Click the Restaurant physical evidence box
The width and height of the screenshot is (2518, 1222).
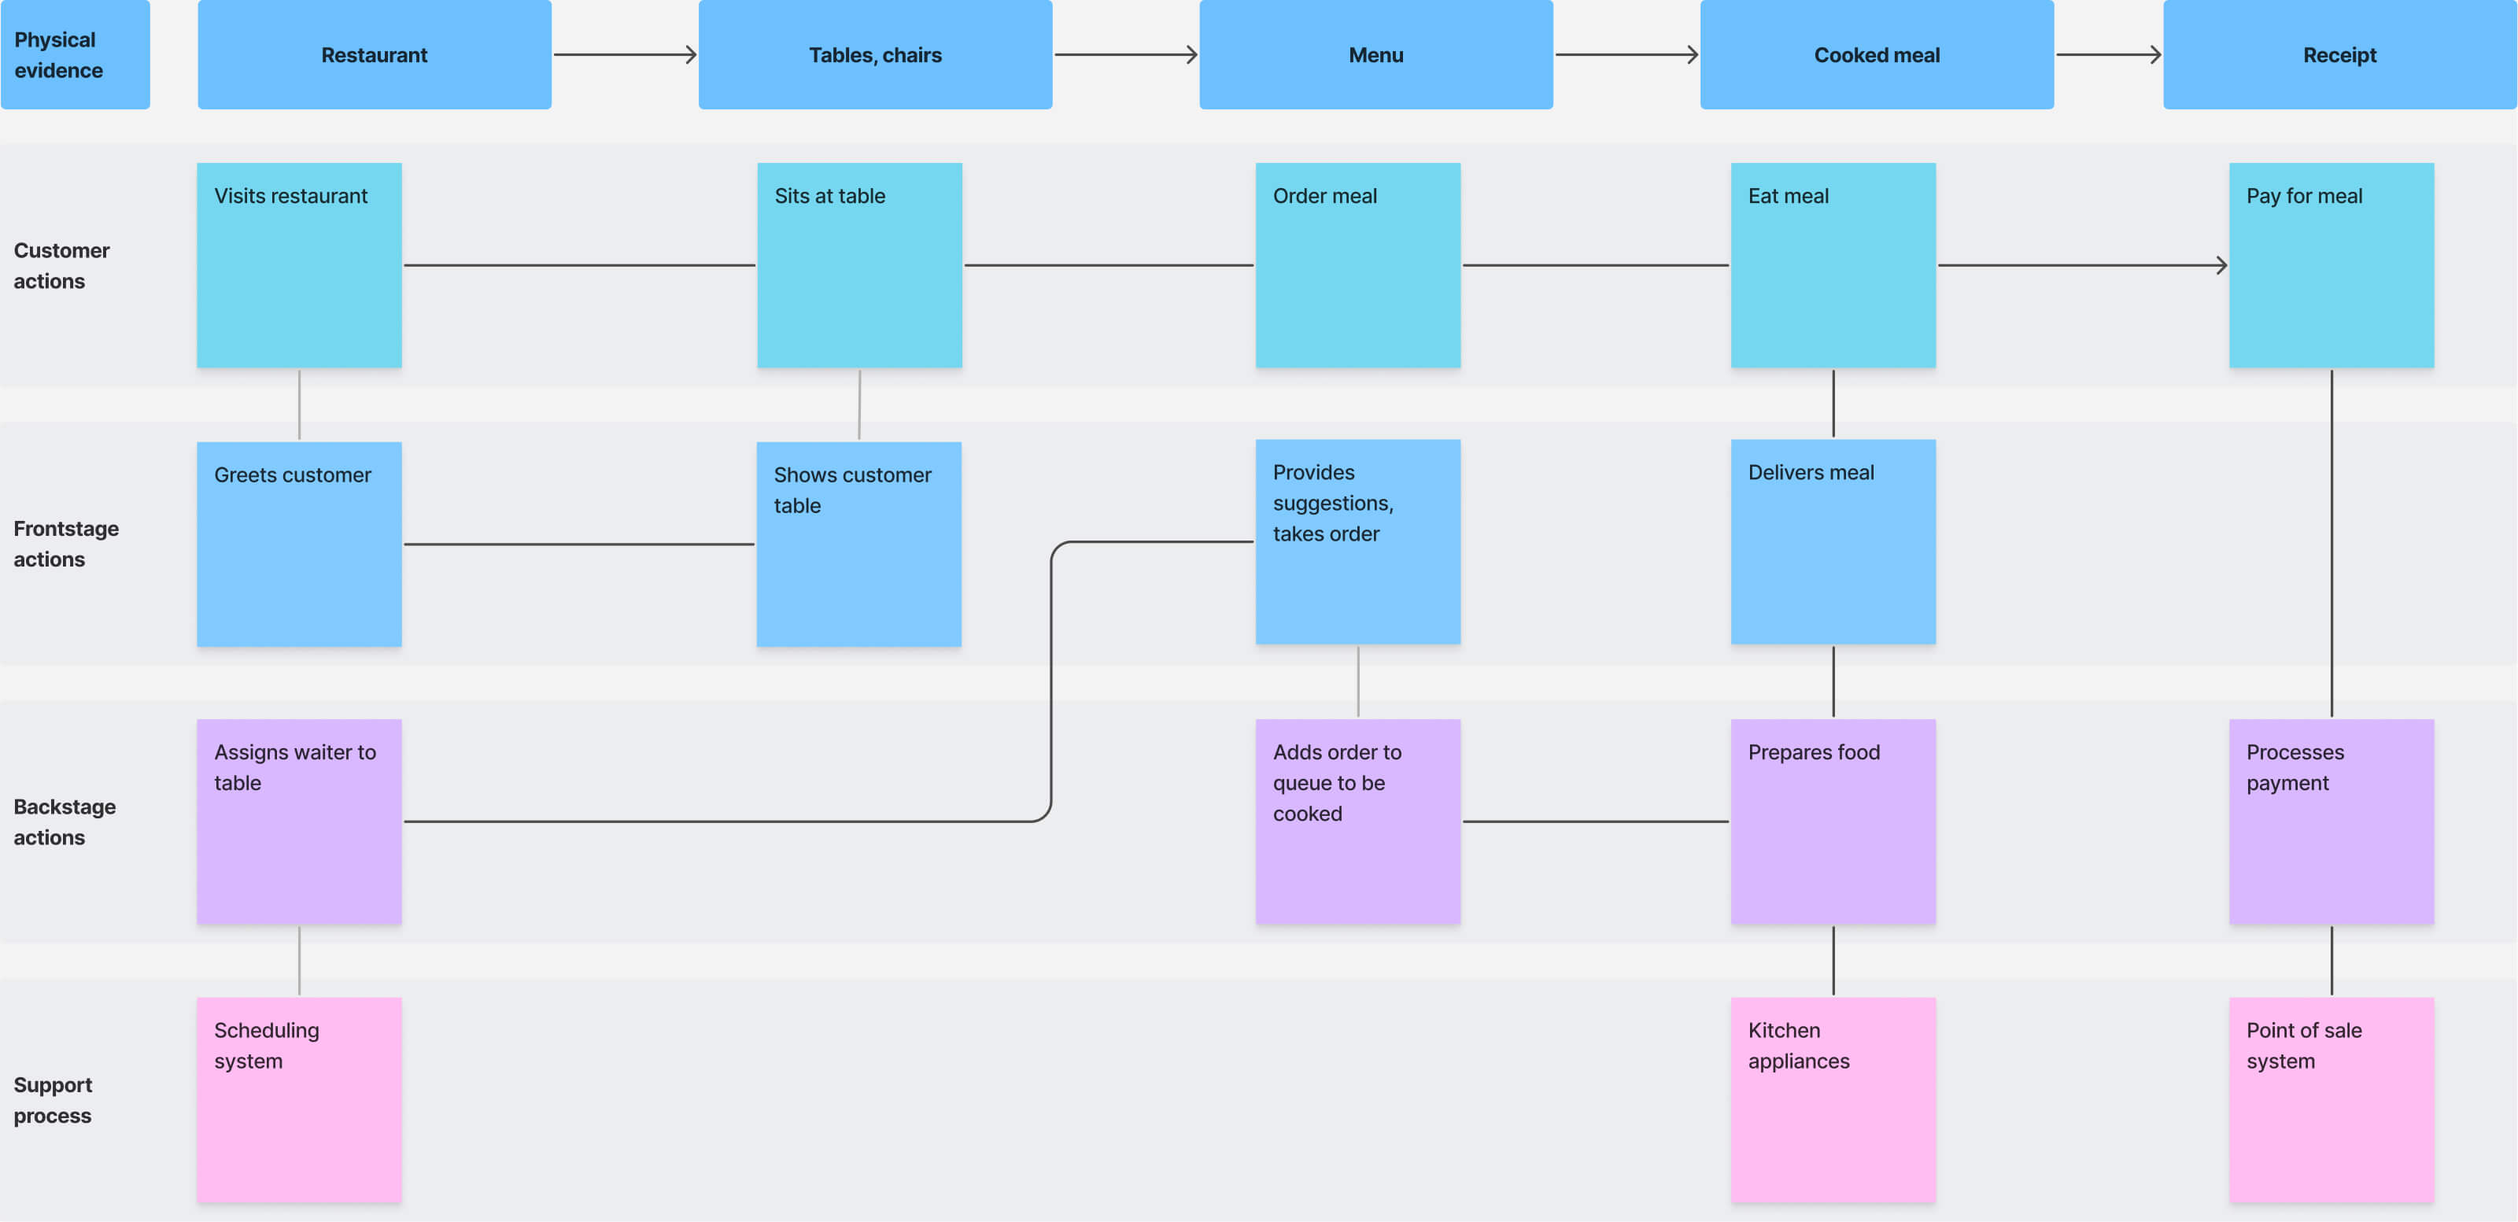pos(375,55)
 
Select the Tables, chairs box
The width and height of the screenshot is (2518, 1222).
pos(875,55)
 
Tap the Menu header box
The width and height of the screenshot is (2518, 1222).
pos(1375,55)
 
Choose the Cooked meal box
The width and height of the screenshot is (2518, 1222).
pos(1876,55)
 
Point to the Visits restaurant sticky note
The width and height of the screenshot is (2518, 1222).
pos(299,265)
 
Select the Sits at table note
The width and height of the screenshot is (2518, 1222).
pos(859,265)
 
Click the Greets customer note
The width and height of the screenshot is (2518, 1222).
pos(299,544)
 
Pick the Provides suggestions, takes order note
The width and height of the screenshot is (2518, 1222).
pos(1357,541)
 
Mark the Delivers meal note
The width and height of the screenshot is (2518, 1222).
pos(1833,541)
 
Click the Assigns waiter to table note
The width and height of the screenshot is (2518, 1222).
pos(299,821)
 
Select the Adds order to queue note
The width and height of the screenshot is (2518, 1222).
pos(1357,821)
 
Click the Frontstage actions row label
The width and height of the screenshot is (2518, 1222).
pos(65,544)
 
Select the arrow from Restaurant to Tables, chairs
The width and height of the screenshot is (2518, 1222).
pos(625,55)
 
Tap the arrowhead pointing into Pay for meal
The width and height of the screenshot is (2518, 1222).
pos(2221,265)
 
